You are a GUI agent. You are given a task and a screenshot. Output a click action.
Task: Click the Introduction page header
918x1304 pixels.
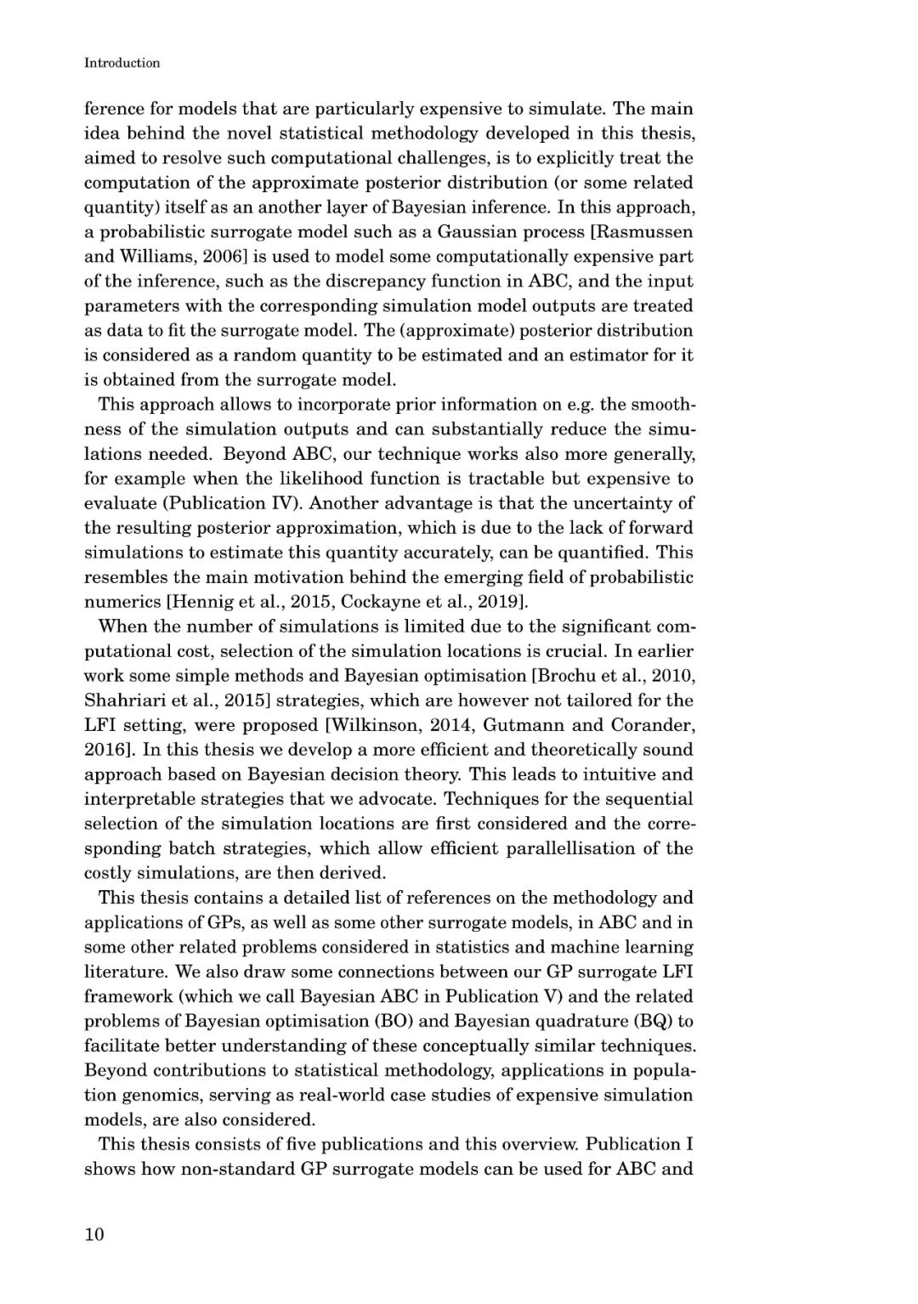click(x=122, y=63)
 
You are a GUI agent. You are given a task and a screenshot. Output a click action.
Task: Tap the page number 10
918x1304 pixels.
click(x=93, y=1234)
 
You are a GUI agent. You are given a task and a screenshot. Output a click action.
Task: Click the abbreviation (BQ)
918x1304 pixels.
click(x=649, y=1021)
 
